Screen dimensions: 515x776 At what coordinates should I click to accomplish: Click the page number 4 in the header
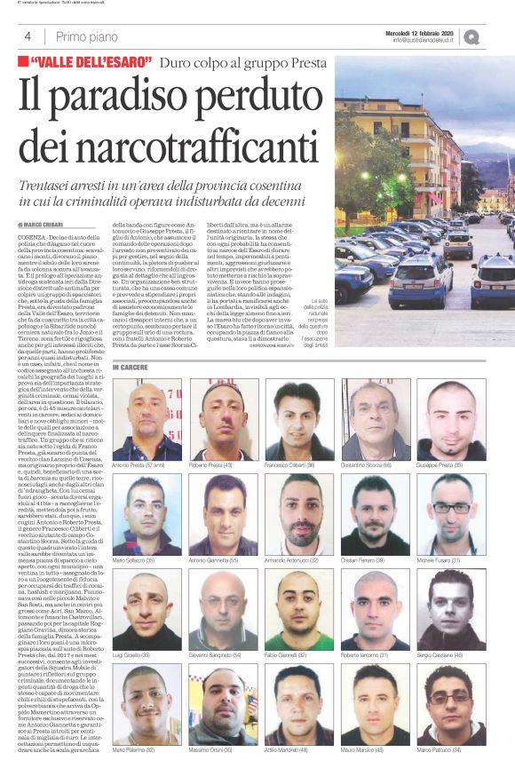pyautogui.click(x=28, y=36)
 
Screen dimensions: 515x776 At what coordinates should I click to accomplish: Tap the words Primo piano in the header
pyautogui.click(x=86, y=36)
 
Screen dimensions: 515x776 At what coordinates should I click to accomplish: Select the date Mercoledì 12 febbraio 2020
pyautogui.click(x=419, y=33)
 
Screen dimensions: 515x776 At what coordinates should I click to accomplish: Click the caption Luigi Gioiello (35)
pyautogui.click(x=131, y=655)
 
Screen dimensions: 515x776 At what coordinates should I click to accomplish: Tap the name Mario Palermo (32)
pyautogui.click(x=134, y=750)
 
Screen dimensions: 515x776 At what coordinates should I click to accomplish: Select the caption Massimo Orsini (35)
pyautogui.click(x=210, y=750)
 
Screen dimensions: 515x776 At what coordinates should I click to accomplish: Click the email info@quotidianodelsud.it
pyautogui.click(x=430, y=40)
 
